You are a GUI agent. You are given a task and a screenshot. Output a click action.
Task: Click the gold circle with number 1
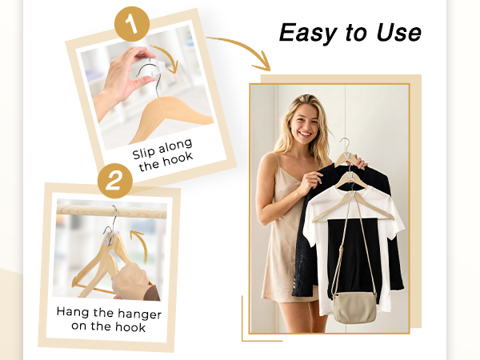[x=132, y=24]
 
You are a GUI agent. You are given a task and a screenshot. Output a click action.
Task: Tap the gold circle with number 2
[x=115, y=181]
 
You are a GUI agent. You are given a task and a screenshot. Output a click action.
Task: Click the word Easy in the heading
[x=309, y=33]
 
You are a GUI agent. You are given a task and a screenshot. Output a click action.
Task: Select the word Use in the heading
[x=399, y=33]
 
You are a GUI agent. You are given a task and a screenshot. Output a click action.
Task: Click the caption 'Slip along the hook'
[x=162, y=155]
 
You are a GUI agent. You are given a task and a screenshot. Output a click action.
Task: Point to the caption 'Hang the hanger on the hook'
[x=109, y=319]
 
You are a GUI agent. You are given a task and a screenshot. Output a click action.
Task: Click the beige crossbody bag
[x=354, y=307]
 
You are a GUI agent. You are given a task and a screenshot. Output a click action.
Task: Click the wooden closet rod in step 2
[x=112, y=211]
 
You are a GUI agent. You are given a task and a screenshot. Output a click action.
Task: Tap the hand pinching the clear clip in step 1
[x=122, y=79]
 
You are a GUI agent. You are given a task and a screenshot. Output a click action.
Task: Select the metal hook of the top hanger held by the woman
[x=346, y=146]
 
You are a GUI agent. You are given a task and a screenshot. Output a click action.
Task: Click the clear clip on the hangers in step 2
[x=110, y=237]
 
